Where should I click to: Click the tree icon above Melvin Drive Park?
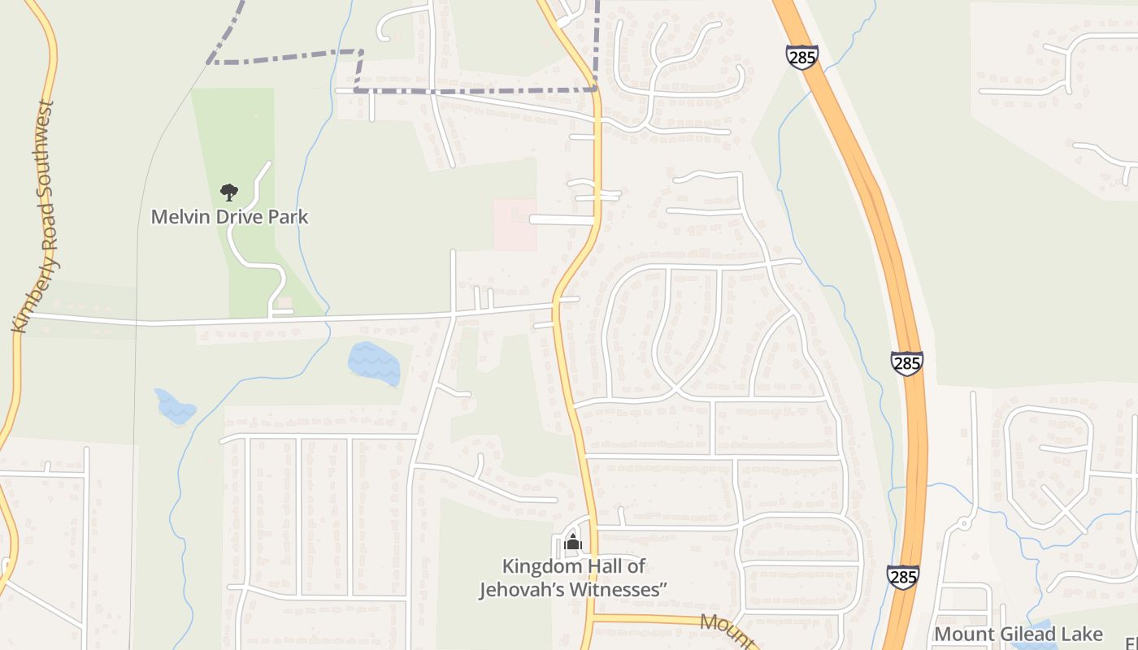pyautogui.click(x=229, y=193)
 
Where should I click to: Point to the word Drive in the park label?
pyautogui.click(x=239, y=217)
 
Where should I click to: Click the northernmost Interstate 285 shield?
pyautogui.click(x=801, y=57)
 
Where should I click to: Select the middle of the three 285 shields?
pyautogui.click(x=906, y=362)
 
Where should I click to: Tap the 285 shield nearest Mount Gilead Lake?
pyautogui.click(x=903, y=577)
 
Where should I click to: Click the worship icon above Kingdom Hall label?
pyautogui.click(x=573, y=543)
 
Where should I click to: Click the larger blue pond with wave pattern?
pyautogui.click(x=374, y=363)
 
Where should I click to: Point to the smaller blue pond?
pyautogui.click(x=176, y=406)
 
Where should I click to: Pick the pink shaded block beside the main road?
pyautogui.click(x=515, y=225)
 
